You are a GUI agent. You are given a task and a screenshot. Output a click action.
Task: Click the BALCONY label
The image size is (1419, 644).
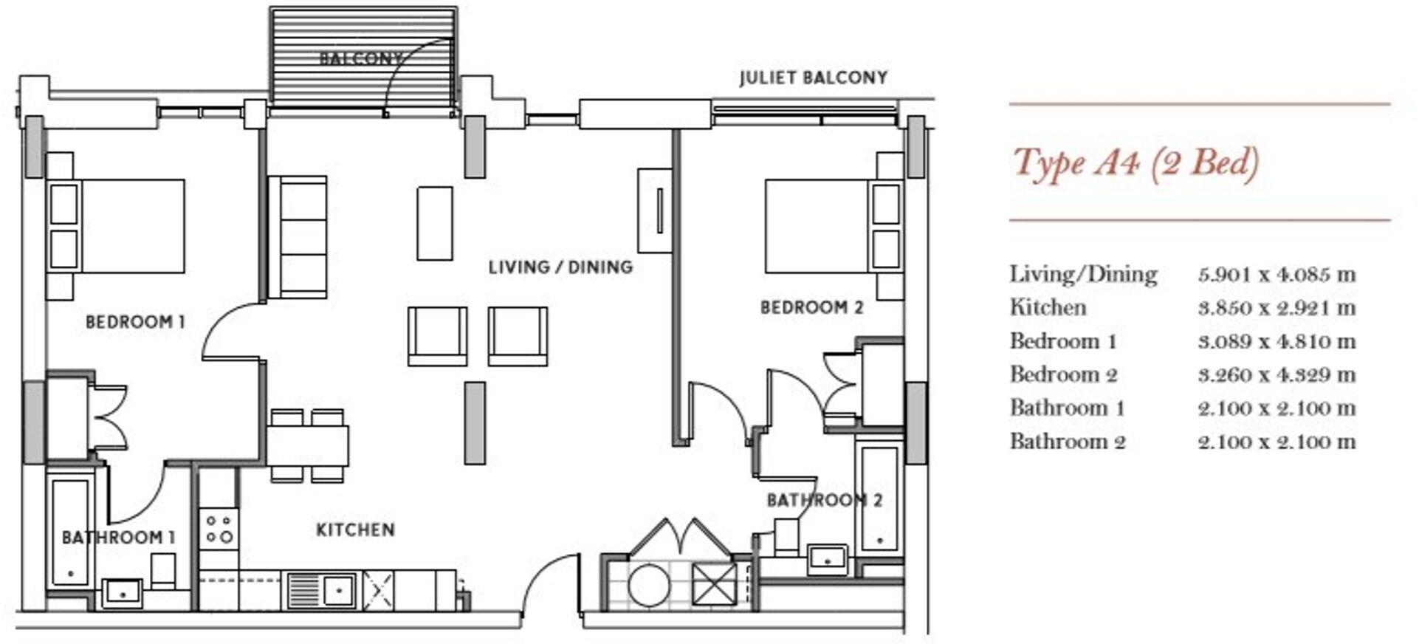tap(361, 58)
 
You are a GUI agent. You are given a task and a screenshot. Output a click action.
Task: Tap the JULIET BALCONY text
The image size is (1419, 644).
tap(813, 78)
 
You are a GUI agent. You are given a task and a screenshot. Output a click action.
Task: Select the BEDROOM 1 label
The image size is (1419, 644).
tap(135, 322)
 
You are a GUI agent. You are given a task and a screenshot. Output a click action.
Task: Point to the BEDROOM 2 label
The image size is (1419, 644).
tap(811, 307)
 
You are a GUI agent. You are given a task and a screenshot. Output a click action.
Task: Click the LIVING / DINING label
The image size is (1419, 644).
tap(560, 267)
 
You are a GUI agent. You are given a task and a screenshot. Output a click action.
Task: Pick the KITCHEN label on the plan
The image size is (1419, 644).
tap(355, 530)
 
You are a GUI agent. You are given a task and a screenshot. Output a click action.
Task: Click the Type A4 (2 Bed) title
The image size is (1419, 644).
tap(1135, 162)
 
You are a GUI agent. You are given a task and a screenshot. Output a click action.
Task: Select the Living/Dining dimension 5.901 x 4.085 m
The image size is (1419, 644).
tap(1277, 275)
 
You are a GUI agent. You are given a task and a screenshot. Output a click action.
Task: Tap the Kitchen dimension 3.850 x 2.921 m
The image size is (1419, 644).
tap(1277, 308)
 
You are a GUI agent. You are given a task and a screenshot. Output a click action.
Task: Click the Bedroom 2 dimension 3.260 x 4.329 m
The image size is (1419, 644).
tap(1277, 375)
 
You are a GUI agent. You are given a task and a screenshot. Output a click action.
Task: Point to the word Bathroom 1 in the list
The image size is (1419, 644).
tap(1067, 408)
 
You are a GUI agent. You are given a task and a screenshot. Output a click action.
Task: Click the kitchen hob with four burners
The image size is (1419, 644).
tap(219, 529)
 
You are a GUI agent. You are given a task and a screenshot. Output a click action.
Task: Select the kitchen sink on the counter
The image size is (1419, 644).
tap(322, 590)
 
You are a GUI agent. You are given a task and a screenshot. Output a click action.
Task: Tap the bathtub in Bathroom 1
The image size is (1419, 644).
tap(71, 530)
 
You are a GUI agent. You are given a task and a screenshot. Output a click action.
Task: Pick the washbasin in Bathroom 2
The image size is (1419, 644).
tap(827, 559)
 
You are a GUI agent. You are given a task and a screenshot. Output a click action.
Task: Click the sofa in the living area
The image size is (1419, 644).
tap(298, 238)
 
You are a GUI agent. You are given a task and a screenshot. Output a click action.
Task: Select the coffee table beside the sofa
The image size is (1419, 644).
tap(435, 223)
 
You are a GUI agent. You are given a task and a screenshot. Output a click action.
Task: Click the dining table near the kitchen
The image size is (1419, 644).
tap(307, 445)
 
